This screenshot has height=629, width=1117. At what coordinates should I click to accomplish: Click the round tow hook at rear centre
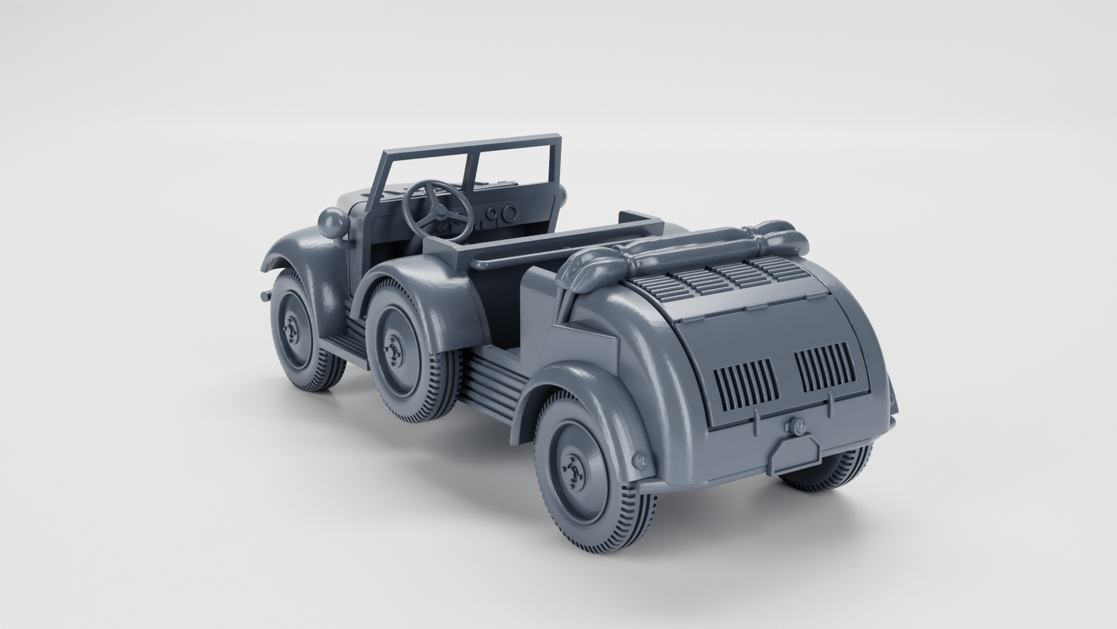click(796, 427)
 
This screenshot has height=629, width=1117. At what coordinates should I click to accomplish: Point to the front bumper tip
click(266, 296)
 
